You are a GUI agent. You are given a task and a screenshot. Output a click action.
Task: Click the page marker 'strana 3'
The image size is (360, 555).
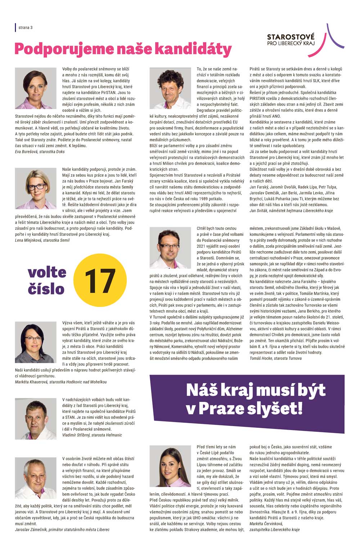coord(26,27)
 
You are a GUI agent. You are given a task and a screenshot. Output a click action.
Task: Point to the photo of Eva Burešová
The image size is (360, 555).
coord(36,88)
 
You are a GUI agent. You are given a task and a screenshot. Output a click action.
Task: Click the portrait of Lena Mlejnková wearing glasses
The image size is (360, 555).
coord(36,188)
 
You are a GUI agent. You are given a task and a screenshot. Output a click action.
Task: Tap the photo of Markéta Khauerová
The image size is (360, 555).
coord(36,343)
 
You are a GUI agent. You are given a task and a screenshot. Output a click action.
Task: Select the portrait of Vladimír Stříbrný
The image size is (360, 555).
coord(36,419)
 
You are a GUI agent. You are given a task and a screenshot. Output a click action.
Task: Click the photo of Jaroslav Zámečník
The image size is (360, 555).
coord(36,478)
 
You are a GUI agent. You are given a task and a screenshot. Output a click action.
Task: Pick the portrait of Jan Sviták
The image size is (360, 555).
coord(170,88)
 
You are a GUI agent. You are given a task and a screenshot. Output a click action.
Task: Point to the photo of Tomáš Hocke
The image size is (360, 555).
coord(170,247)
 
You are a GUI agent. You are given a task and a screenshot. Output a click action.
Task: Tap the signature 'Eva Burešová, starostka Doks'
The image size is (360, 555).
coord(40,152)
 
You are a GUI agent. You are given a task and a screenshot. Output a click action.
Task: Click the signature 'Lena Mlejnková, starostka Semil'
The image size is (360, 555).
coord(42,240)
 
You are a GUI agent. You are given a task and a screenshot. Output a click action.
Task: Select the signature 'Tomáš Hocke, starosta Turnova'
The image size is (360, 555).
coord(275,358)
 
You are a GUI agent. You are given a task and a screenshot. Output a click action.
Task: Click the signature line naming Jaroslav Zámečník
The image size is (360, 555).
coord(62,530)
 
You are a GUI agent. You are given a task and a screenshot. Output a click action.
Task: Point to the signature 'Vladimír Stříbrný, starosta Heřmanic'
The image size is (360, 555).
coord(92,435)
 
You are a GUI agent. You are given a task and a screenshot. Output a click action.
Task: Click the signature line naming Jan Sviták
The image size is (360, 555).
coord(291,210)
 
